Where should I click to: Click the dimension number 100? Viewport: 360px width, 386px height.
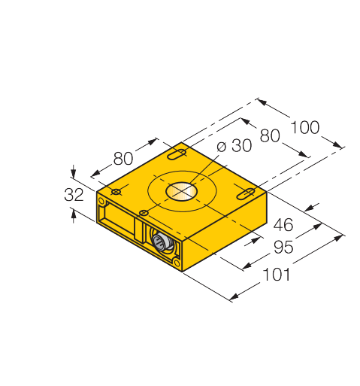point(305,127)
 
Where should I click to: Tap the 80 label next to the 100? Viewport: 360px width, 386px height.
point(270,135)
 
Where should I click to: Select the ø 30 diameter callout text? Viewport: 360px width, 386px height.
point(234,145)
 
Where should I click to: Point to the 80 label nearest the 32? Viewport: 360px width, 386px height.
point(123,159)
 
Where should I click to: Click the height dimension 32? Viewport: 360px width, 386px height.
point(74,195)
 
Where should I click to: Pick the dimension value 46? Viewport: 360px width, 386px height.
point(283,225)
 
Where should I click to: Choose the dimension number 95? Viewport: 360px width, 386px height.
point(283,247)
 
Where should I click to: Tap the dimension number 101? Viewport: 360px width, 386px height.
point(277,275)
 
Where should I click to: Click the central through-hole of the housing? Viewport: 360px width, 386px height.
point(181,191)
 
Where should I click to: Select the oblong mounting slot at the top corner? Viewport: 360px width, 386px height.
point(177,154)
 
